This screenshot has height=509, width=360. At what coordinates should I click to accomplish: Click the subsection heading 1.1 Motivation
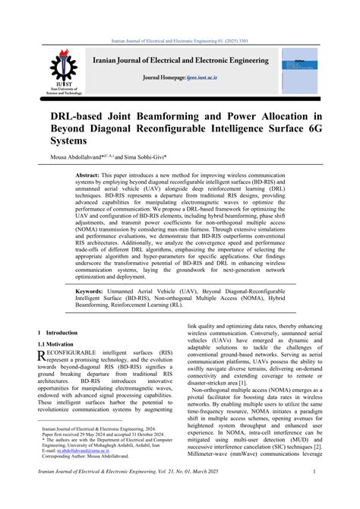(56, 343)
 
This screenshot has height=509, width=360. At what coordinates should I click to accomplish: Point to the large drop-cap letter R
(42, 355)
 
